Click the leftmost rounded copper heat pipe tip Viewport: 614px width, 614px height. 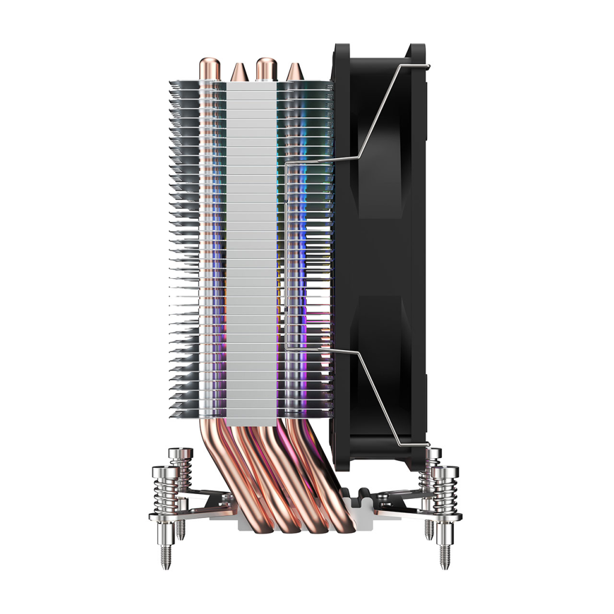(x=209, y=67)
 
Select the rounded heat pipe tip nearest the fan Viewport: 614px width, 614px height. (x=264, y=67)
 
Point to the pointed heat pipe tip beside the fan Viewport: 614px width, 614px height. (x=293, y=73)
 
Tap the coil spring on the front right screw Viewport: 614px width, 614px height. (x=447, y=495)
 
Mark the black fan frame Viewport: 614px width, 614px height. (x=384, y=252)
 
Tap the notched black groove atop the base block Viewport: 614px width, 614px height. (x=360, y=495)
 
